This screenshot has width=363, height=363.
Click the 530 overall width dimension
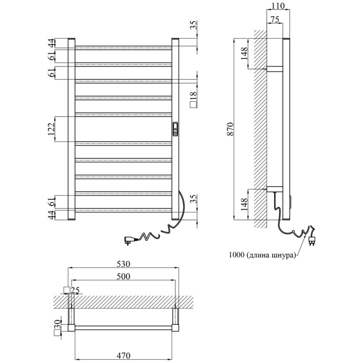click(x=123, y=264)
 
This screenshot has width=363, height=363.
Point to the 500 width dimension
click(x=123, y=276)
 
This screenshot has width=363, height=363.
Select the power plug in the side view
click(x=313, y=239)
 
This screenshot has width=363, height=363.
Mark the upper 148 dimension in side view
click(x=244, y=54)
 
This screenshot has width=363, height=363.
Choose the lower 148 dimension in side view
click(x=244, y=203)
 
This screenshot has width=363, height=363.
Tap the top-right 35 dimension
click(x=194, y=25)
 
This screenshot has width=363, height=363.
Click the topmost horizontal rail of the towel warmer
click(x=123, y=47)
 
